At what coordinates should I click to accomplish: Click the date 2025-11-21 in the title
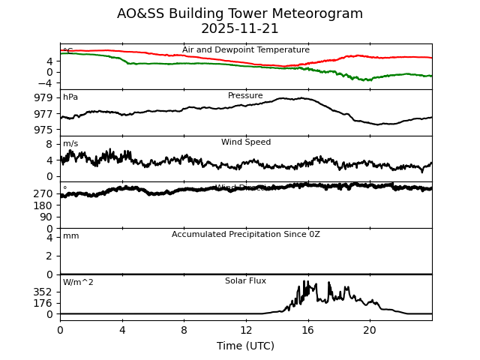[240, 29]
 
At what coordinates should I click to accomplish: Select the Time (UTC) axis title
[245, 346]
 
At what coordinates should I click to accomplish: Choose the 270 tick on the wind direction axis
[43, 193]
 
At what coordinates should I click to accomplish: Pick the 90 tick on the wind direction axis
[46, 217]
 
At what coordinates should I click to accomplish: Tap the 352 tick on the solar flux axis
[43, 292]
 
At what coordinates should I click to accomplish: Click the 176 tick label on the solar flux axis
[43, 303]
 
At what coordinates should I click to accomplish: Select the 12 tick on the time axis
[246, 329]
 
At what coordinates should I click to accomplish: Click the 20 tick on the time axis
[370, 329]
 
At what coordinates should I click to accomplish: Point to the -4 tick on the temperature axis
[46, 83]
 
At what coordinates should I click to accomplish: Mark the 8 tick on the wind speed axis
[49, 144]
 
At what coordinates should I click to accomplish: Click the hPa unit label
[70, 97]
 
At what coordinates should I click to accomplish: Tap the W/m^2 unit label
[78, 283]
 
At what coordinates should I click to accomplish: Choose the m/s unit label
[70, 144]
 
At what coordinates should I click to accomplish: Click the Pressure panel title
[245, 96]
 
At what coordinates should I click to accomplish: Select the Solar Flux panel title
[245, 281]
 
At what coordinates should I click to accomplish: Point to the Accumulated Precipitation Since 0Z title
[245, 235]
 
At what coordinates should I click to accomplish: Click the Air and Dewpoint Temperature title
[245, 50]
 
